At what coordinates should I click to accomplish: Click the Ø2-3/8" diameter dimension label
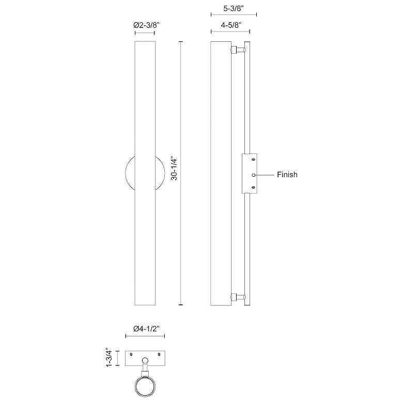click(145, 24)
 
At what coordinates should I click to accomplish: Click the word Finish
click(287, 175)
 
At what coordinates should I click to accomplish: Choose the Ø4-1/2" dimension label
click(145, 329)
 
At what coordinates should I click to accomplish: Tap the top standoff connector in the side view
click(236, 50)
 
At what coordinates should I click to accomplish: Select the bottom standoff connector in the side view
click(236, 297)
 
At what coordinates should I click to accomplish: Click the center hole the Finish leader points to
click(253, 175)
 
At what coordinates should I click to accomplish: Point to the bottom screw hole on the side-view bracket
click(253, 188)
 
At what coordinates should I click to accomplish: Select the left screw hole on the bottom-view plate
click(131, 354)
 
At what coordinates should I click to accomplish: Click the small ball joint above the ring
click(145, 361)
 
